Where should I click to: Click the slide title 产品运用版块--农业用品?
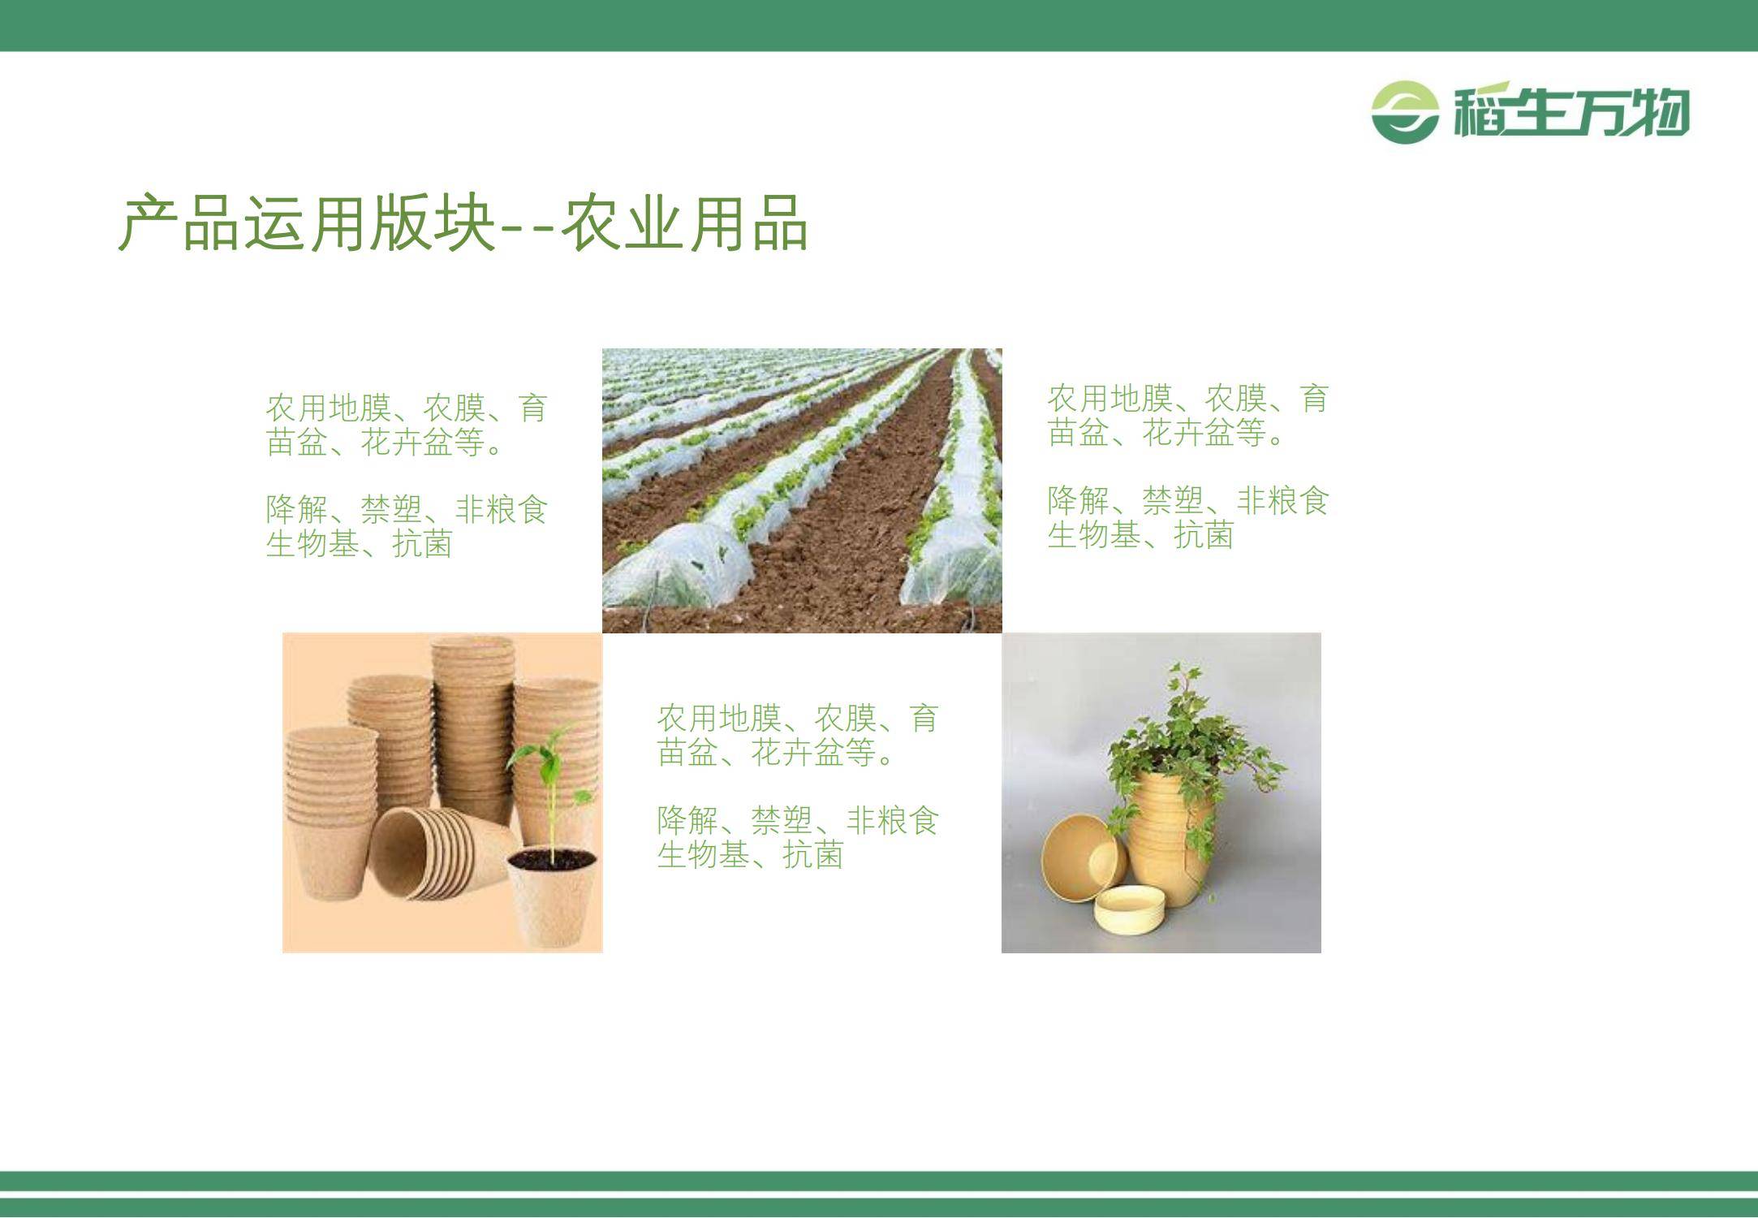point(463,222)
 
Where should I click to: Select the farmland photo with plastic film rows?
point(802,490)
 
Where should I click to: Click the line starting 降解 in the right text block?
point(1187,500)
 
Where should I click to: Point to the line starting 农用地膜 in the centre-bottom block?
point(797,718)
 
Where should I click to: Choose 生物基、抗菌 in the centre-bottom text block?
point(750,855)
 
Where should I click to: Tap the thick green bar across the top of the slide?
point(879,25)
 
